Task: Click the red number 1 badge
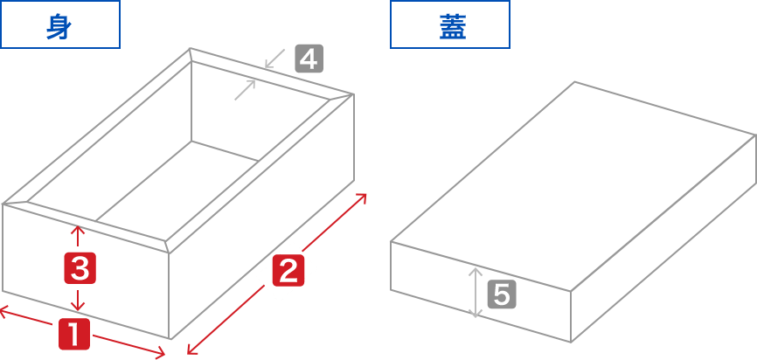coord(74,336)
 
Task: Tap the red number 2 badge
coord(288,272)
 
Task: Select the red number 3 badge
coord(80,268)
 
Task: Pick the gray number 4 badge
coord(309,59)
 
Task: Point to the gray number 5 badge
coord(501,294)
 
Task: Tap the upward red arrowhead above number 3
coord(79,232)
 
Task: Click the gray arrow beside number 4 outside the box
coord(274,59)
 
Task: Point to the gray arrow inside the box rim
coord(245,89)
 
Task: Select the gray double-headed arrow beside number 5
coord(476,292)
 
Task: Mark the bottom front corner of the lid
coord(571,342)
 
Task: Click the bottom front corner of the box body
coord(170,339)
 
